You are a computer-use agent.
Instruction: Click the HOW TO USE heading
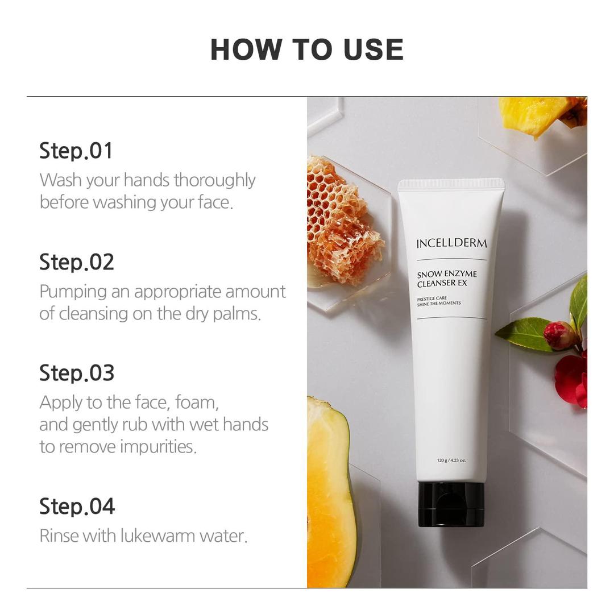pyautogui.click(x=307, y=49)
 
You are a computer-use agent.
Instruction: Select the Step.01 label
pyautogui.click(x=76, y=151)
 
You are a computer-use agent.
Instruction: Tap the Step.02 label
pyautogui.click(x=76, y=262)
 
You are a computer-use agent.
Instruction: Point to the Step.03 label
pyautogui.click(x=76, y=373)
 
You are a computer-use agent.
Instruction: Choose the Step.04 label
pyautogui.click(x=77, y=506)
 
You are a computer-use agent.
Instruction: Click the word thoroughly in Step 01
pyautogui.click(x=214, y=180)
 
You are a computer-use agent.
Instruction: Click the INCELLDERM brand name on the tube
pyautogui.click(x=451, y=244)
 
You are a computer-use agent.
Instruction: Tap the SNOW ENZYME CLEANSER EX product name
pyautogui.click(x=447, y=279)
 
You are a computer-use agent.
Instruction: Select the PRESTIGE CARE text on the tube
pyautogui.click(x=431, y=298)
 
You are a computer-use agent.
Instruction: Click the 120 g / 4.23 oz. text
pyautogui.click(x=451, y=460)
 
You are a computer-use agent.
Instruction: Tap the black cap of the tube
pyautogui.click(x=451, y=504)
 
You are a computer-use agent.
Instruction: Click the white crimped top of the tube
pyautogui.click(x=451, y=184)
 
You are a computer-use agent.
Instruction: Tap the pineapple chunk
pyautogui.click(x=534, y=115)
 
